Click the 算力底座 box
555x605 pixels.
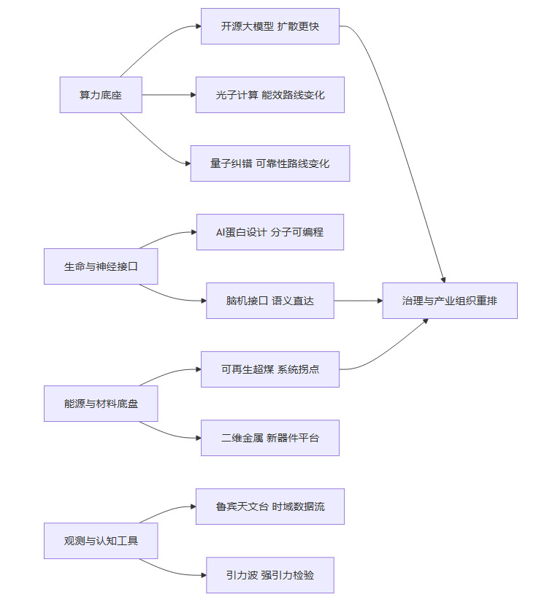tap(101, 95)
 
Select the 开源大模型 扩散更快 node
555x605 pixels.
tap(270, 26)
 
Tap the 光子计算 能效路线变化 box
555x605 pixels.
tap(270, 95)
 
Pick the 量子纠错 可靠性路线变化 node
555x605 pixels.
tap(270, 163)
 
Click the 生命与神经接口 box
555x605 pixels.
tap(101, 266)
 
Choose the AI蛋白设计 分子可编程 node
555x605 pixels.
tap(270, 232)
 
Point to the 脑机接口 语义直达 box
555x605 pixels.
tap(270, 301)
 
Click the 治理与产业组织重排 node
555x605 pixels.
tap(450, 301)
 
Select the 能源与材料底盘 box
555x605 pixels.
tap(101, 404)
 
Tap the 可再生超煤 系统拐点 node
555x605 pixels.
tap(270, 369)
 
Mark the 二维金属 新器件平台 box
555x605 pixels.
tap(270, 438)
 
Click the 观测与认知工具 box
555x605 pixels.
tap(101, 541)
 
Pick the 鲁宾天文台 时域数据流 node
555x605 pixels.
tap(270, 506)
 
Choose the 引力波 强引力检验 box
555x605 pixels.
tap(270, 575)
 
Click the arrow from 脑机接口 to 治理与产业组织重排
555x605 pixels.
tap(358, 301)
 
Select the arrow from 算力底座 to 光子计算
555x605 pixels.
tap(168, 95)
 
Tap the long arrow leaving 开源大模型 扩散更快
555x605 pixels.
tap(402, 146)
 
